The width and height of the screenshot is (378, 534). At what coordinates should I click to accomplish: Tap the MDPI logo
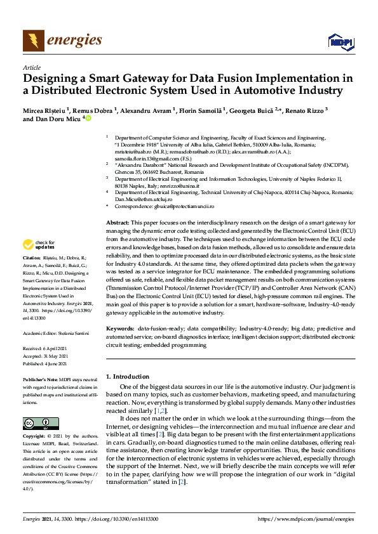coord(341,42)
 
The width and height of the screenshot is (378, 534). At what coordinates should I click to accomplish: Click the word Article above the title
coord(31,67)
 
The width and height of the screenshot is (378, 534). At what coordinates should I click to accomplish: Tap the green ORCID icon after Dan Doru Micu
coord(88,118)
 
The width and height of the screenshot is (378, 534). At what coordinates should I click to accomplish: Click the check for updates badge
coord(39,244)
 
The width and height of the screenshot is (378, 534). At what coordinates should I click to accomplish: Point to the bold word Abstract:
coord(117,224)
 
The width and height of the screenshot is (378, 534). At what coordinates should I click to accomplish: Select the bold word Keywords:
coord(120,329)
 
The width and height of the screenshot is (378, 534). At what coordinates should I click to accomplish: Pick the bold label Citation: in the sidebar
coord(31,259)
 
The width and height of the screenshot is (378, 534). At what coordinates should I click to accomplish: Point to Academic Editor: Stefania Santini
coord(55,333)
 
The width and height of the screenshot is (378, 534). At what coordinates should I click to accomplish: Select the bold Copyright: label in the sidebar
coord(35,437)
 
